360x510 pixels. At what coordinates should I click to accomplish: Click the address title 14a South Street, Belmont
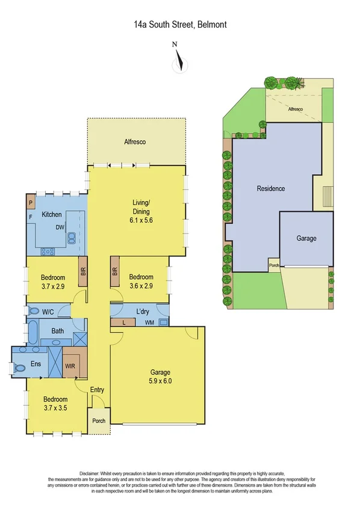180,25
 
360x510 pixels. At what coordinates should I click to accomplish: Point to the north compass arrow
178,62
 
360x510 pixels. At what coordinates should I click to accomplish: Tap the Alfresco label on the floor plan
135,142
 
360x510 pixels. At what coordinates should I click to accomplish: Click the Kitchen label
52,214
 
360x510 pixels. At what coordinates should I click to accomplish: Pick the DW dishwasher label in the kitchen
61,228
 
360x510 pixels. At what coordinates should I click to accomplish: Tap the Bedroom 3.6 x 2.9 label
142,281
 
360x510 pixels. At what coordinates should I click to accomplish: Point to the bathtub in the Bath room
33,332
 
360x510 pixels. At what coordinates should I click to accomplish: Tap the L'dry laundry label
143,311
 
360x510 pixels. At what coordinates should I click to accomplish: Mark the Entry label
97,390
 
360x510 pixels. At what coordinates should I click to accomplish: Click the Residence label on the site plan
271,188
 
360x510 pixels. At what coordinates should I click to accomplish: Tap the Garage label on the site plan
306,238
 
